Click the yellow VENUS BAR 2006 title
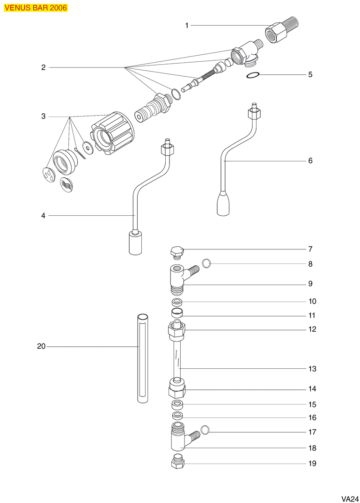(x=36, y=7)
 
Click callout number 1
(x=187, y=25)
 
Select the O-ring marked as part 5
(x=252, y=75)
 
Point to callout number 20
(x=41, y=347)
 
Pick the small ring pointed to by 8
(x=206, y=263)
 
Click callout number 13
(x=312, y=369)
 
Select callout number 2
(x=43, y=67)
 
